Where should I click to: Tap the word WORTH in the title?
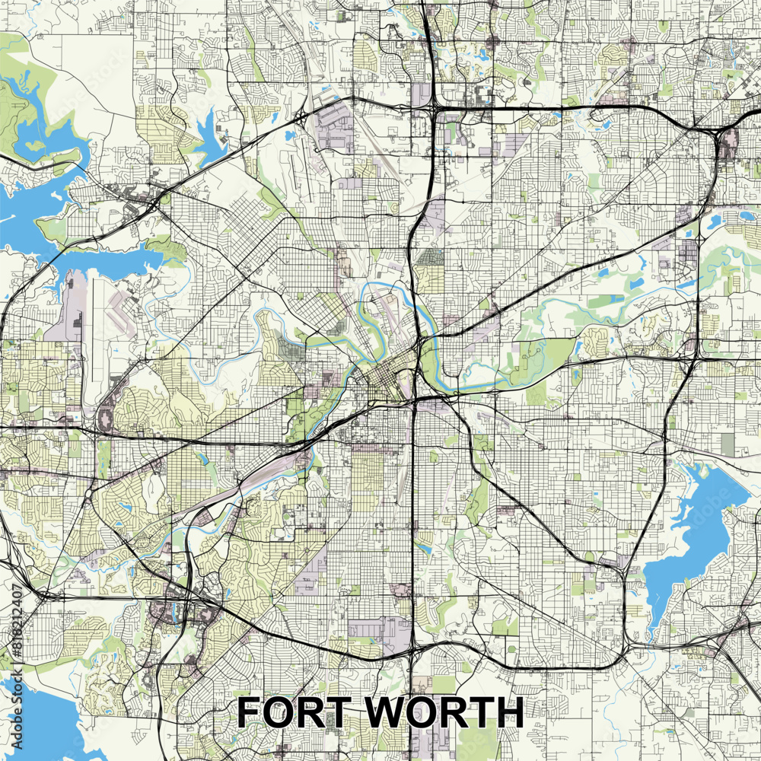(x=442, y=712)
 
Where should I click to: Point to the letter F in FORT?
(x=250, y=712)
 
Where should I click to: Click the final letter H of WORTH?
(x=508, y=712)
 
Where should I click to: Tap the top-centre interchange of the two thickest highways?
(x=432, y=111)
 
